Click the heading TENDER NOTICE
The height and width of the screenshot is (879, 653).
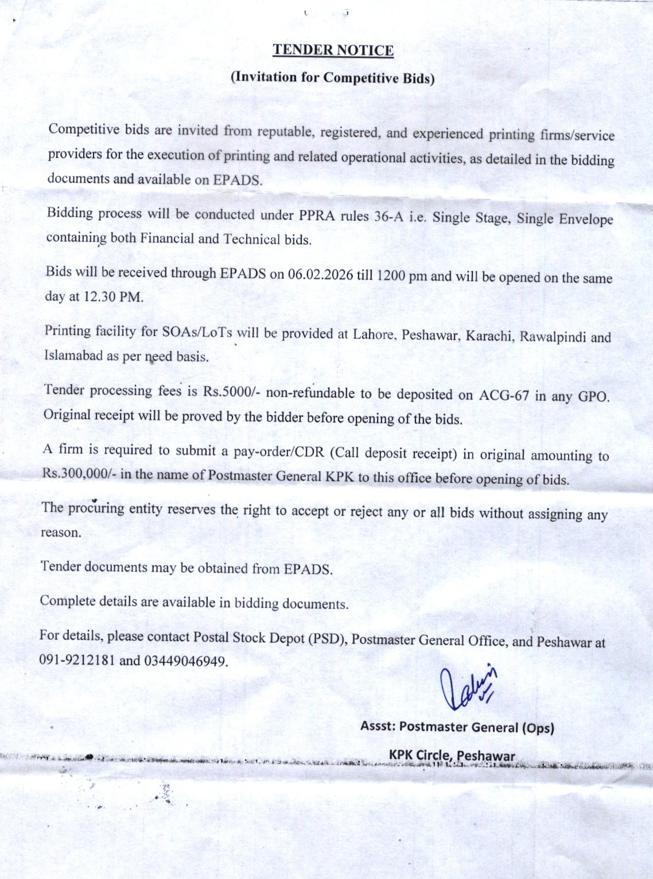[333, 50]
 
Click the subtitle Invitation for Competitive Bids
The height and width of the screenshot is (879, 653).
[333, 77]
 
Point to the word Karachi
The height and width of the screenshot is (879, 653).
[489, 335]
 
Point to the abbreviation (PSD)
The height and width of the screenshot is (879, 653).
[327, 638]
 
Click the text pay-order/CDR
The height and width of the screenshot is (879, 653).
[279, 452]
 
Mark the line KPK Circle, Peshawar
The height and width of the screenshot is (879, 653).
[452, 755]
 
